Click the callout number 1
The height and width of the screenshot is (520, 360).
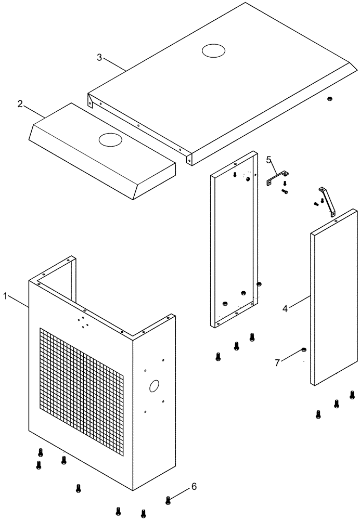[5, 296]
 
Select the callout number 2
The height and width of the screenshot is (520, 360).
[20, 103]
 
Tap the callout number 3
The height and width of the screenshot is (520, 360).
[99, 57]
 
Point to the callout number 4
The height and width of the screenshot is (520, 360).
[285, 308]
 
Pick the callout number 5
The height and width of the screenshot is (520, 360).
[269, 159]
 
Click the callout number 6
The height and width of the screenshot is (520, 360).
[194, 487]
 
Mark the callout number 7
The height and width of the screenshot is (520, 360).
[277, 362]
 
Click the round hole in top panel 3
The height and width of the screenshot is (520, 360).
[213, 50]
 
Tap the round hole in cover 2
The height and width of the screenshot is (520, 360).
[109, 139]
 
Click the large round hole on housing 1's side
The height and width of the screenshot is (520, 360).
[155, 386]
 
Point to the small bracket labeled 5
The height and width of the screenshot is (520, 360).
[278, 178]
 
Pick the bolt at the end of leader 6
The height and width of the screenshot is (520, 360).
[168, 500]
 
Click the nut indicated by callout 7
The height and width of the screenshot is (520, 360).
[304, 349]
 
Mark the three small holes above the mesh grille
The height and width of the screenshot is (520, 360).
[83, 323]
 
